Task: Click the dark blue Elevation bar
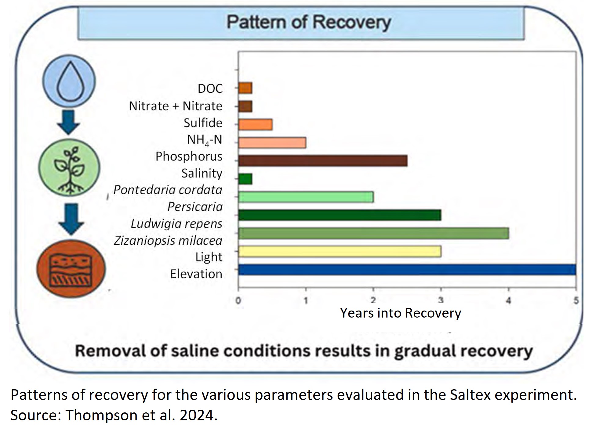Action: tap(407, 270)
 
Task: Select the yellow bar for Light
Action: tap(340, 252)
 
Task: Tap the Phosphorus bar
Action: tap(323, 161)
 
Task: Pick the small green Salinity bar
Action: tap(245, 179)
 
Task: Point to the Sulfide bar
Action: tap(255, 124)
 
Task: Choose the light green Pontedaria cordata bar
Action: tap(306, 197)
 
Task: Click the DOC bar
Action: tap(245, 88)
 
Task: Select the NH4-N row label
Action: tap(204, 140)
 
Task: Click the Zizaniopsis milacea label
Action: tap(168, 241)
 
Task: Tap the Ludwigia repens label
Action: tap(176, 224)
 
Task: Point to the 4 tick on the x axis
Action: tap(508, 301)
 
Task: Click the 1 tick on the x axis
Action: tap(306, 301)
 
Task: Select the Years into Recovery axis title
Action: tap(400, 313)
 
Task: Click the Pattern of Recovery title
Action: tap(309, 22)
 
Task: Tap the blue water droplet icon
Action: tap(69, 81)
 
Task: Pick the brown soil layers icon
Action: tap(71, 269)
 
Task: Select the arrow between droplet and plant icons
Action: tap(69, 122)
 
